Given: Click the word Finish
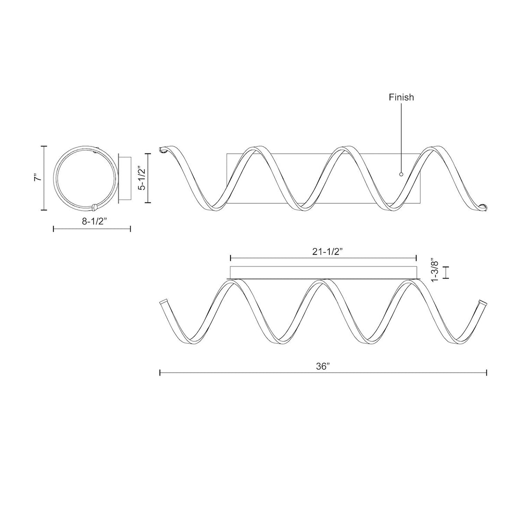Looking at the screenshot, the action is (401, 97).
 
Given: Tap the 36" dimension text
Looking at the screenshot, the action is (323, 366).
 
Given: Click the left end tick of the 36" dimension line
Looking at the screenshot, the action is (160, 373).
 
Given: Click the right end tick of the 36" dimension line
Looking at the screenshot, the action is (487, 373).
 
